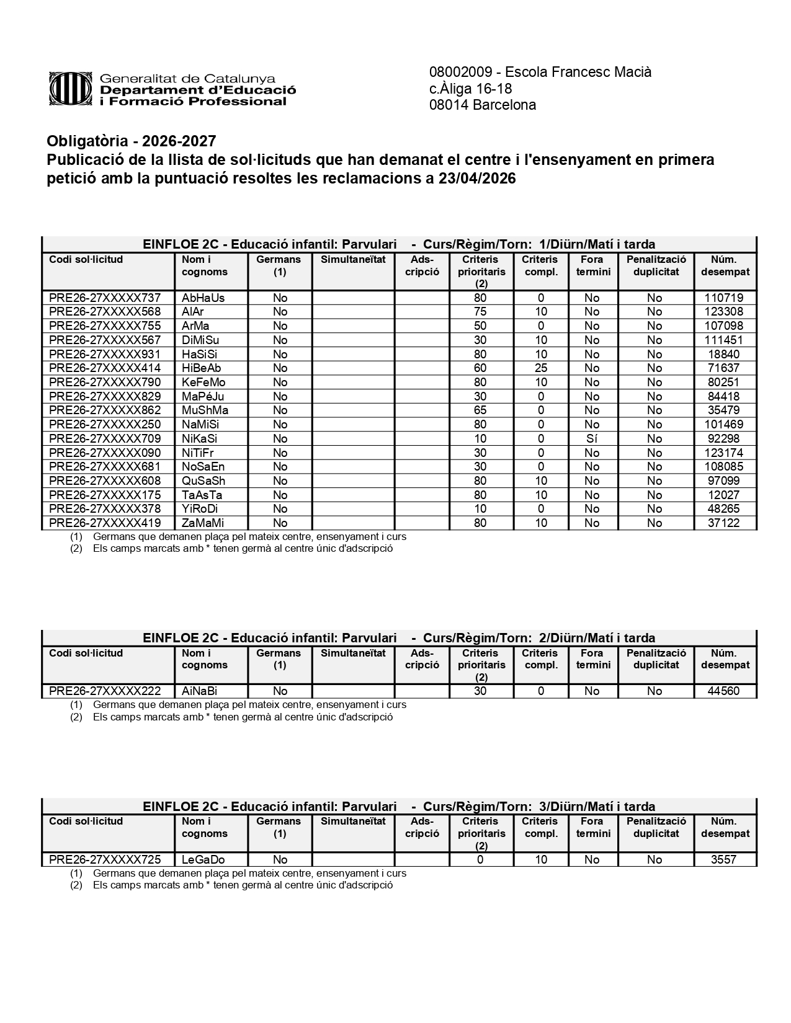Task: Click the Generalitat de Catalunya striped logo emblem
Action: coord(71,89)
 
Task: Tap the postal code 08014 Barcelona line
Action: coord(482,105)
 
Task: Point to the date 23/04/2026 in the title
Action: coord(477,179)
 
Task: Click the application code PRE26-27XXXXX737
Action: coord(104,298)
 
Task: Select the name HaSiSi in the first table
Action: coord(200,354)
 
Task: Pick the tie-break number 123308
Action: coord(723,311)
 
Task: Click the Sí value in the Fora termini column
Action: coord(592,438)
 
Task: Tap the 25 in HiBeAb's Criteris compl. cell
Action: coord(541,368)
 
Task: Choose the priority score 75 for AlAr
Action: coord(480,311)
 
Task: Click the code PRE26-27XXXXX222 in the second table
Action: coord(104,691)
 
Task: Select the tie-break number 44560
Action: coord(723,691)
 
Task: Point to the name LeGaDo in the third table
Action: coord(203,859)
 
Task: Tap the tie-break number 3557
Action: coord(723,859)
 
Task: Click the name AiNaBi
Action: coord(199,691)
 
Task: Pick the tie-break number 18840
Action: coord(723,354)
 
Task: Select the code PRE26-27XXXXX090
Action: coord(104,453)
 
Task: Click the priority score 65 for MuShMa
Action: coord(480,410)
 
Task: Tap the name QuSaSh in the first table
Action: coord(203,480)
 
